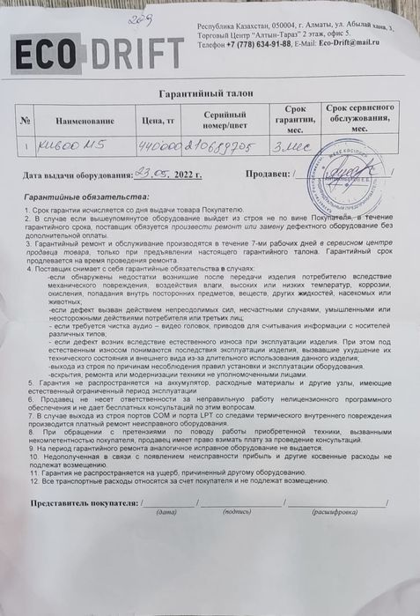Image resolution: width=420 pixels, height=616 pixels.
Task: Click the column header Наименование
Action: (85, 122)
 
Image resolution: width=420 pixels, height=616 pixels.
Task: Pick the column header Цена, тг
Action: (158, 122)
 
